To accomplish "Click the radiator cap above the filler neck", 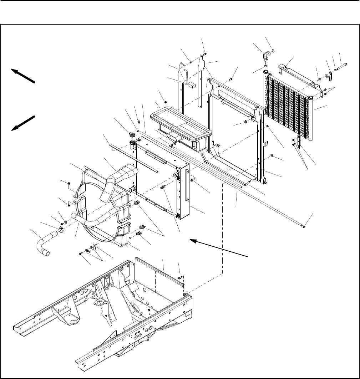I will (132, 135).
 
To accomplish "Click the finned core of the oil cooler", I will (285, 103).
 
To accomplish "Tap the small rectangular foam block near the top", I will (192, 84).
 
